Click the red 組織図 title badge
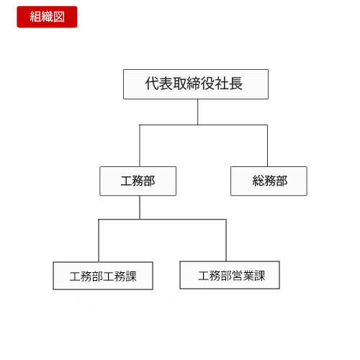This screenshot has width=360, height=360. point(47,17)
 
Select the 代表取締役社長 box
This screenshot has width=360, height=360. point(196,84)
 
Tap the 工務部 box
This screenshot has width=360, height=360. point(138,181)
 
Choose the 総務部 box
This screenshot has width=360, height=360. point(269,181)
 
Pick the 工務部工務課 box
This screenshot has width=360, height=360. point(103,276)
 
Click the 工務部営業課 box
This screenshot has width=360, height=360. point(230,275)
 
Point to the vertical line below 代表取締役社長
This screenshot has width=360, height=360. point(198,112)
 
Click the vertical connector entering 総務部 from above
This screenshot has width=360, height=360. point(267,145)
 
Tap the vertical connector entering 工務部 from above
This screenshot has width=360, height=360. point(140,145)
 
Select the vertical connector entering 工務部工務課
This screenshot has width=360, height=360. point(99,240)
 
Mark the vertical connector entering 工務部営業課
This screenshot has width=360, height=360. point(226,240)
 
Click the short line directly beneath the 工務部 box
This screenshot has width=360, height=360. point(140,207)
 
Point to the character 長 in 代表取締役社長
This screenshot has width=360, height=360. point(235,84)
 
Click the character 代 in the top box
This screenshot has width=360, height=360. point(152,84)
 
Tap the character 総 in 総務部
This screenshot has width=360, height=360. point(258,181)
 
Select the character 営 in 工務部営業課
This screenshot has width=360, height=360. point(238,276)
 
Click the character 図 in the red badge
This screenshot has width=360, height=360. point(59,17)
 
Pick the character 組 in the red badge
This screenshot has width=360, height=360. point(35,17)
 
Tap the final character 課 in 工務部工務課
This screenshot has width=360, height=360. point(131,276)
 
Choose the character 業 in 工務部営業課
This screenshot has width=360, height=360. point(248,276)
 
